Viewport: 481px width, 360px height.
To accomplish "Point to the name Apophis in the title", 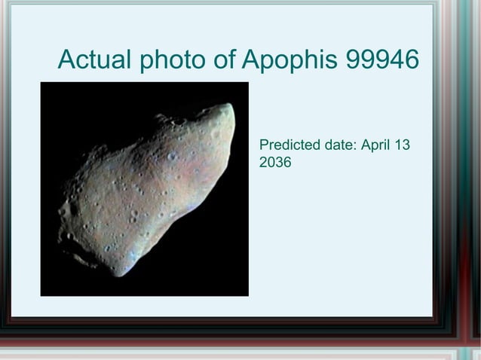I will (290, 60).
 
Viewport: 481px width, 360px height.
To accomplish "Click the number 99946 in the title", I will (381, 59).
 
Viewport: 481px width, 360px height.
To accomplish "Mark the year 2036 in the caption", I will (275, 162).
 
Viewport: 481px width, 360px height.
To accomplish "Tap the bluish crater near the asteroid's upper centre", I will (173, 156).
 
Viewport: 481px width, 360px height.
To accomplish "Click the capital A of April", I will (366, 145).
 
